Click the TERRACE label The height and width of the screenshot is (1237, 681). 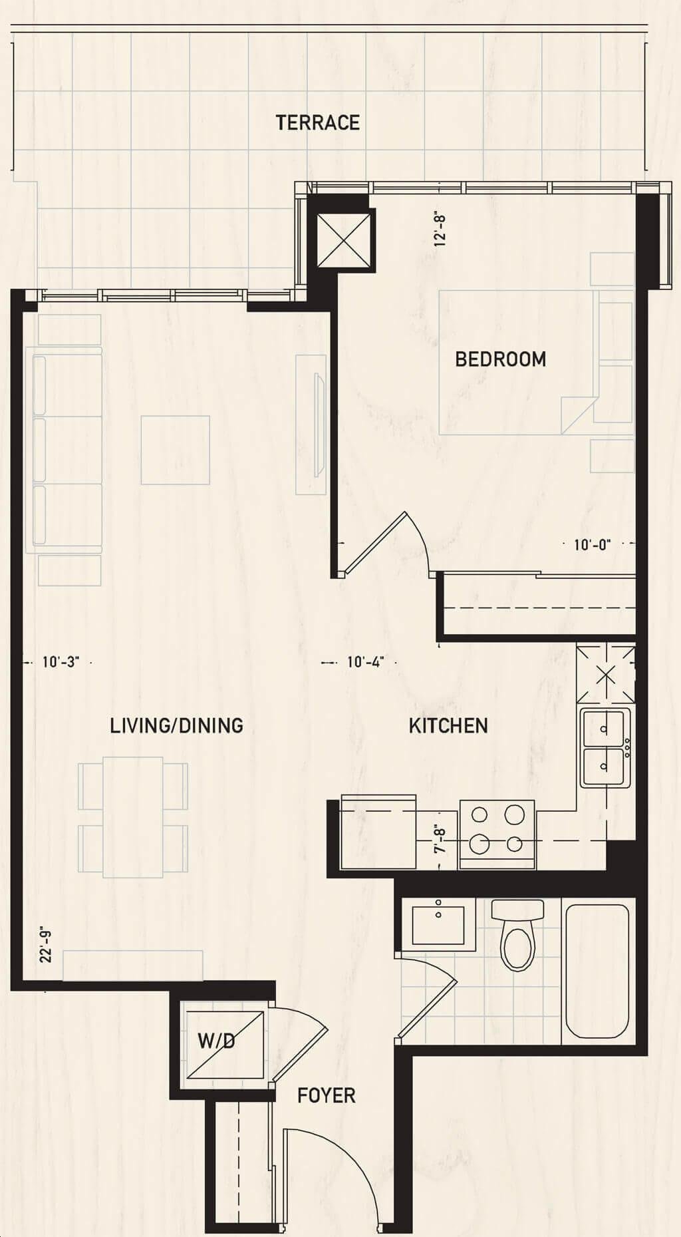[318, 122]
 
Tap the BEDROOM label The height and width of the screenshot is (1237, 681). [501, 359]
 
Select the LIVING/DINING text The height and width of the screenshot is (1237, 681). [176, 725]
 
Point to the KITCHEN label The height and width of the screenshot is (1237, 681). [448, 725]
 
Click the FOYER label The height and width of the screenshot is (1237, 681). [326, 1095]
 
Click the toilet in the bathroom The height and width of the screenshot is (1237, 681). [518, 935]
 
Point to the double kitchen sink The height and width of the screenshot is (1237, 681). [605, 748]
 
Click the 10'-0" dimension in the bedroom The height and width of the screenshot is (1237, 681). [592, 545]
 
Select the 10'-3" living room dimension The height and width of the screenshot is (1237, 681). [61, 662]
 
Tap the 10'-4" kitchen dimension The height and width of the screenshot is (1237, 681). [366, 662]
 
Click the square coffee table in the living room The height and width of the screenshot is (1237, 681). [176, 450]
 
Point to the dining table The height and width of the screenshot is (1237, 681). [133, 817]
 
